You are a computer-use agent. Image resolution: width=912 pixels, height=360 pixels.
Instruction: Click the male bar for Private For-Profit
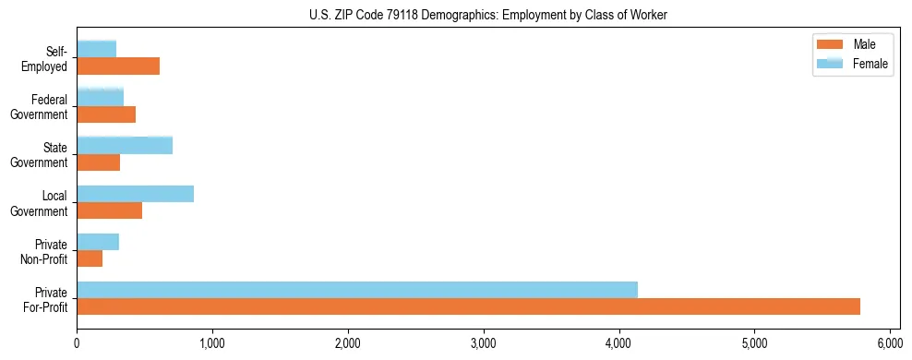click(x=468, y=306)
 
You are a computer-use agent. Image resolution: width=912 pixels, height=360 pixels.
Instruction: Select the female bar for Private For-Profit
click(x=357, y=290)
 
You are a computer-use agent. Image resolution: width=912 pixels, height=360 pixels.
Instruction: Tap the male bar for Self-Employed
click(x=118, y=66)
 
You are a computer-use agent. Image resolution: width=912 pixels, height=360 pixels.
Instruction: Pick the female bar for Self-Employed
click(x=97, y=49)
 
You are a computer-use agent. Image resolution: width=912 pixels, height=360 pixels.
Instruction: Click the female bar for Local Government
click(x=136, y=193)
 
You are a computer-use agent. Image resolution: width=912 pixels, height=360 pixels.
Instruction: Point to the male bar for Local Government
click(x=110, y=210)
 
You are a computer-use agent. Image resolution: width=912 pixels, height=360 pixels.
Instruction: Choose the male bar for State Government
click(x=99, y=162)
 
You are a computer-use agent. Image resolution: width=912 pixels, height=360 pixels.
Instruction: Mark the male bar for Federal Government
click(x=106, y=114)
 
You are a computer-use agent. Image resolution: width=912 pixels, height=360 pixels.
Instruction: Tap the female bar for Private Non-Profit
click(x=98, y=242)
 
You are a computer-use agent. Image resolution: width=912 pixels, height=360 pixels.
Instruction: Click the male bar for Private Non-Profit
click(x=90, y=258)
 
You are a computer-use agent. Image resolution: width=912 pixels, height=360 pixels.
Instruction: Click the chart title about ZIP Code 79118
click(x=488, y=16)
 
